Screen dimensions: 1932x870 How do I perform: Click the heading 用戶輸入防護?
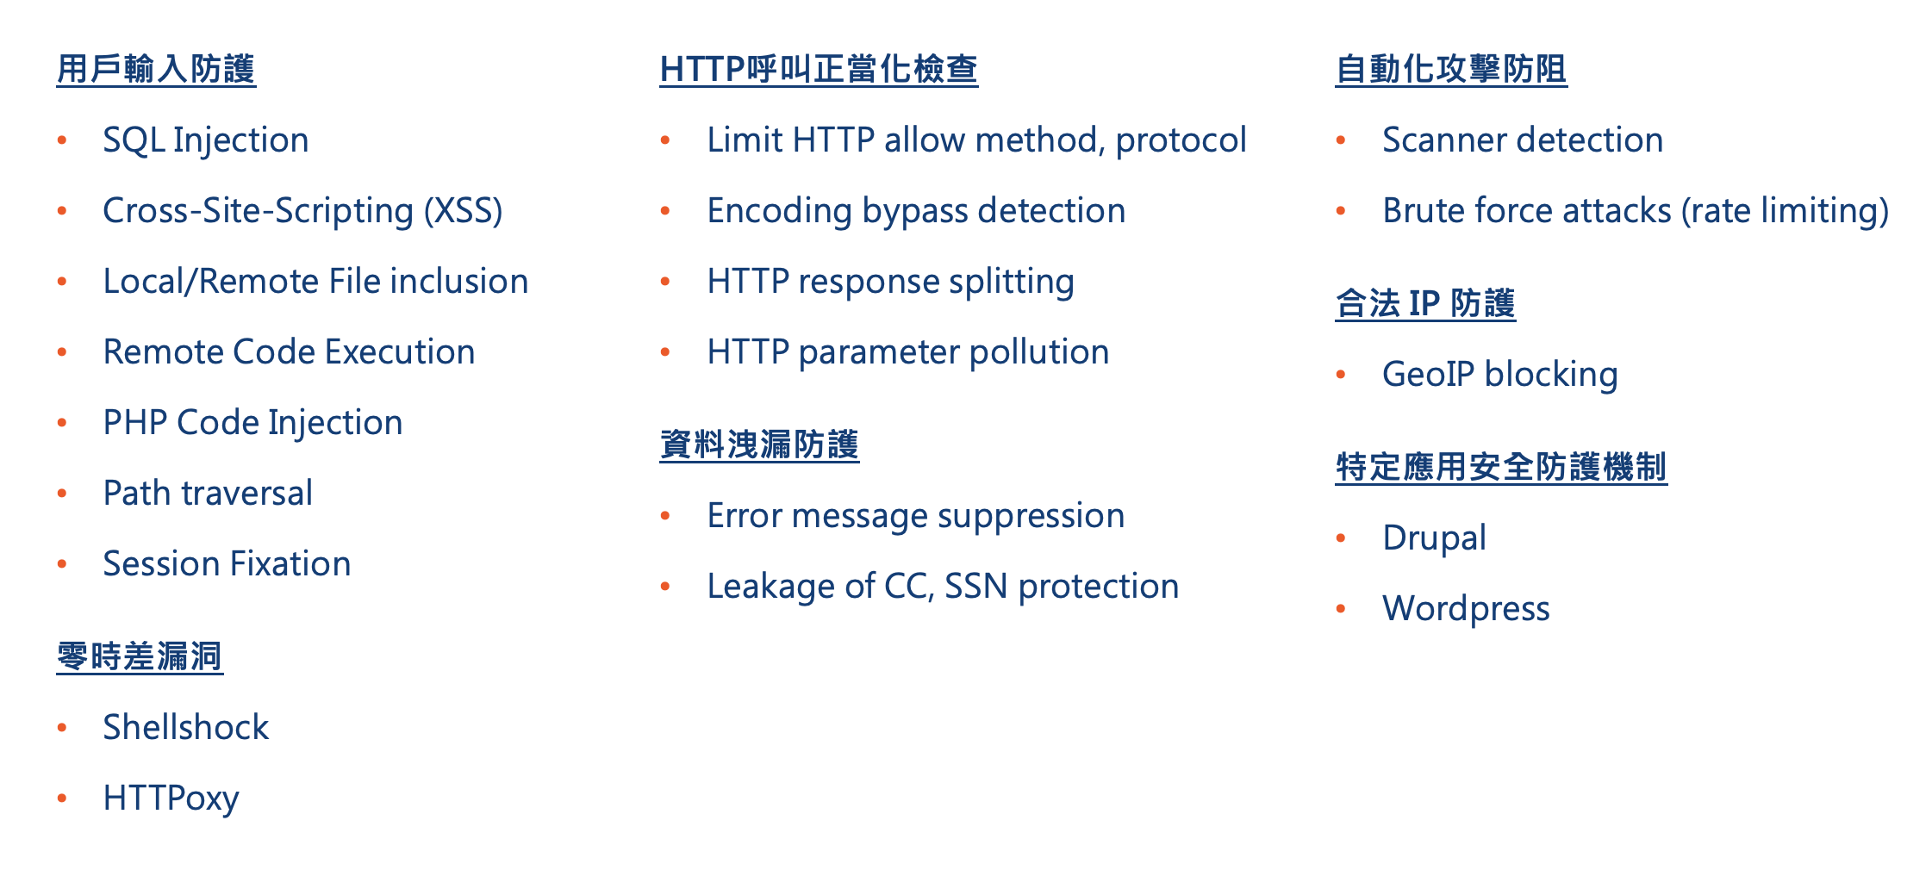[156, 69]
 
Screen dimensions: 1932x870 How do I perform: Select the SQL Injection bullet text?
[206, 140]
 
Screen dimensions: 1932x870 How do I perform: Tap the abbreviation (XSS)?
[463, 211]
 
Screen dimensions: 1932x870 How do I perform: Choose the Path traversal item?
[208, 493]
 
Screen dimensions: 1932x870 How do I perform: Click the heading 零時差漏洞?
[140, 656]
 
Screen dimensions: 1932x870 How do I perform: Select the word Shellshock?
[186, 727]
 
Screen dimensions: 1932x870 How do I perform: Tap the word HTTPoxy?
[171, 799]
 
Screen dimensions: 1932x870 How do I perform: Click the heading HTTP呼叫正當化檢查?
[819, 69]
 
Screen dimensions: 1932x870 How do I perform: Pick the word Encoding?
[780, 211]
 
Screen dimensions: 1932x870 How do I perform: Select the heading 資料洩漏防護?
[759, 444]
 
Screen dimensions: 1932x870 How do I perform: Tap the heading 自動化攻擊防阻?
[1451, 69]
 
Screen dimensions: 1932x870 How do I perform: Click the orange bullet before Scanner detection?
[1341, 140]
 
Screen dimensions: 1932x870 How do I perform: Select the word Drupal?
[1435, 538]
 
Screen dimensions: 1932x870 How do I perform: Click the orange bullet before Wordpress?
[1341, 609]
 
